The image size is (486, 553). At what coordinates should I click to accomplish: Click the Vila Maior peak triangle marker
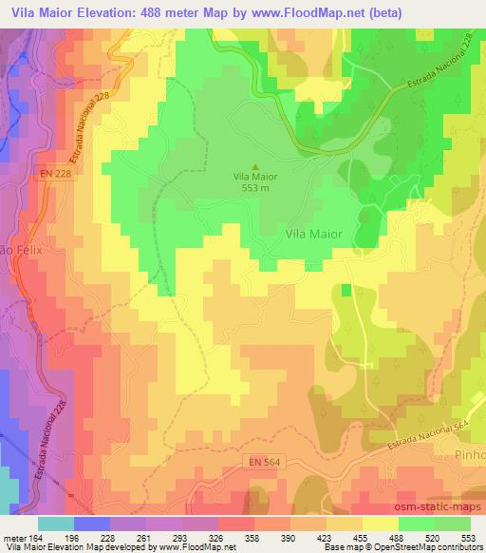click(252, 167)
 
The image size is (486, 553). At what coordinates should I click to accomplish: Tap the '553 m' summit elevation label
click(252, 187)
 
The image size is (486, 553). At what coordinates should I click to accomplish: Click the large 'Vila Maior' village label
click(313, 230)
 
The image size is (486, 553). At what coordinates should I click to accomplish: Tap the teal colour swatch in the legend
click(57, 523)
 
